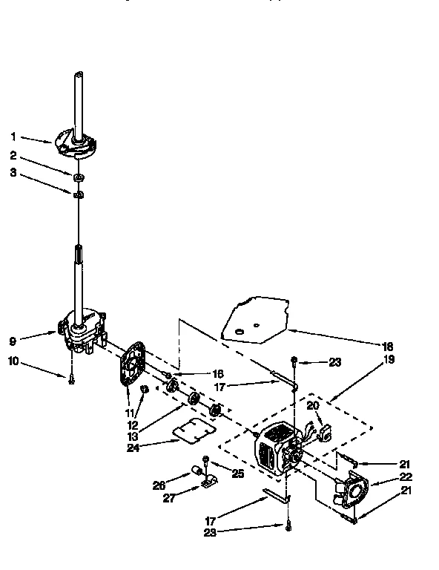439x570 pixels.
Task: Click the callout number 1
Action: point(13,136)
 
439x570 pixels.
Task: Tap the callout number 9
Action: point(13,341)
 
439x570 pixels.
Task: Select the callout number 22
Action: point(406,477)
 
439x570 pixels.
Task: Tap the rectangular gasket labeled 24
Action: point(194,430)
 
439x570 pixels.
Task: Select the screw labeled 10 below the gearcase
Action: point(71,379)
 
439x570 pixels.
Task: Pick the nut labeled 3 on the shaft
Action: point(78,194)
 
